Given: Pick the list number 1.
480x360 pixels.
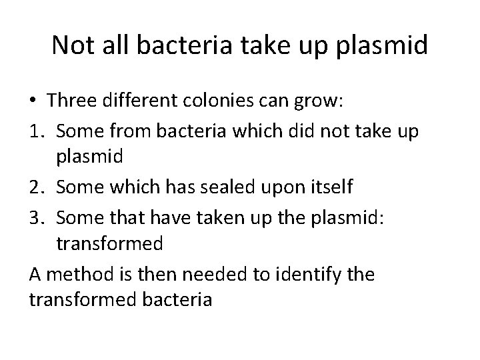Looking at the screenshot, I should click(x=37, y=132).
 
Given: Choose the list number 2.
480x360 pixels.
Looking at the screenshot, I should click(x=37, y=188).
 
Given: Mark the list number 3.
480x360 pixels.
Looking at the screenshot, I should click(x=37, y=216).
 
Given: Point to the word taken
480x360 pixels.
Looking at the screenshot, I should click(x=220, y=216).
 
